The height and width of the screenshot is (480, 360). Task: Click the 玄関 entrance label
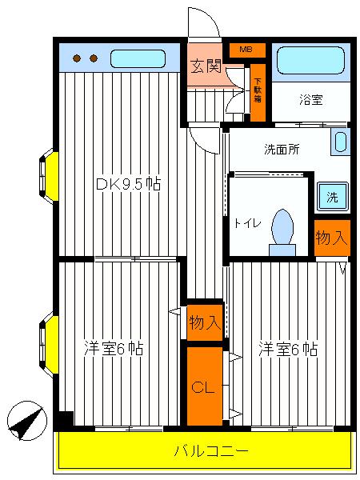click(x=204, y=66)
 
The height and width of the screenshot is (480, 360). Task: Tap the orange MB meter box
click(x=246, y=50)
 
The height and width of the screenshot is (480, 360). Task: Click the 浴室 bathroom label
click(x=311, y=101)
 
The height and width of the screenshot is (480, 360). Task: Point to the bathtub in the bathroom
click(x=311, y=61)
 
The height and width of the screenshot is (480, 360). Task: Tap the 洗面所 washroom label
click(x=281, y=149)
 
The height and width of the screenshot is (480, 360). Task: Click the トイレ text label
click(x=247, y=224)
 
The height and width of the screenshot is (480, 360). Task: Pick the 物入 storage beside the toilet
click(x=332, y=238)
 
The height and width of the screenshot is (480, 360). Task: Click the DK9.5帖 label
click(x=128, y=185)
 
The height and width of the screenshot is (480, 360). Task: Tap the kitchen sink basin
click(x=137, y=58)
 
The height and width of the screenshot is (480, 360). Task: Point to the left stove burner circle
click(x=78, y=58)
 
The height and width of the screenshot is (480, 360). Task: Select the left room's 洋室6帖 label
click(x=114, y=349)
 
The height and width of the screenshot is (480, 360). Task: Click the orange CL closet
click(x=204, y=386)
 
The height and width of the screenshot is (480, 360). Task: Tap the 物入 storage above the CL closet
click(x=204, y=322)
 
